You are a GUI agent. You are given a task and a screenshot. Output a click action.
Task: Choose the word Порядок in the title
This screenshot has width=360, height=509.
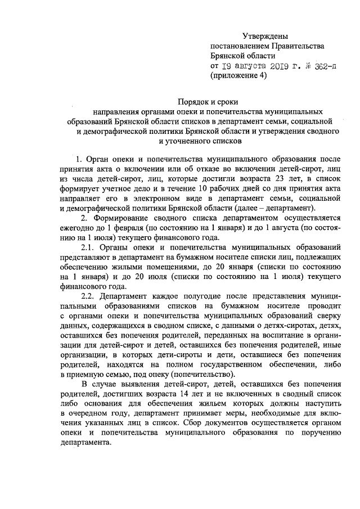pyautogui.click(x=193, y=101)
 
